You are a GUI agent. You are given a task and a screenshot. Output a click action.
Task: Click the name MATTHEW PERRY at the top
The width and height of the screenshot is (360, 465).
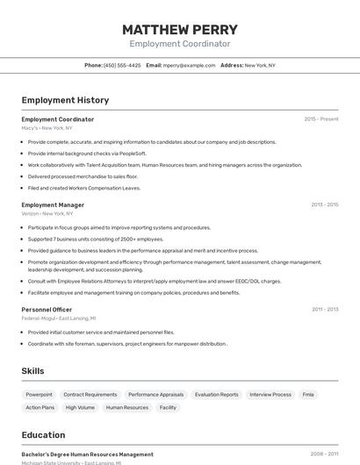pyautogui.click(x=180, y=29)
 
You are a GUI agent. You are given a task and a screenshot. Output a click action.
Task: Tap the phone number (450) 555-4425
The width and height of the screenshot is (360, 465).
pyautogui.click(x=122, y=65)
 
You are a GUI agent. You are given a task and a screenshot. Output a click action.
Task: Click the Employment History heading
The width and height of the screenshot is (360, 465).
pyautogui.click(x=65, y=100)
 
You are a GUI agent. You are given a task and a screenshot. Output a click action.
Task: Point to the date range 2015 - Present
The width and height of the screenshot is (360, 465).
pyautogui.click(x=320, y=118)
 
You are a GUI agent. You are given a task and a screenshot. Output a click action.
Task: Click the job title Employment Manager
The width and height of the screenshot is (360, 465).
pyautogui.click(x=53, y=204)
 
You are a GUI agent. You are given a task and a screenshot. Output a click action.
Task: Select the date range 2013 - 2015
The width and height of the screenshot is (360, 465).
pyautogui.click(x=324, y=204)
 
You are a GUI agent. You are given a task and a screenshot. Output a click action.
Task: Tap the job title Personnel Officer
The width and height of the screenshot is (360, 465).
pyautogui.click(x=47, y=309)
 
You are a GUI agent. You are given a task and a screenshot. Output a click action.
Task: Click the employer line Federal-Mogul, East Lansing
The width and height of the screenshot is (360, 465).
pyautogui.click(x=59, y=318)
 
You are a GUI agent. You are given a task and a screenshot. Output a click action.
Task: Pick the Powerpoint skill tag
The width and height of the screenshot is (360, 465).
pyautogui.click(x=39, y=395)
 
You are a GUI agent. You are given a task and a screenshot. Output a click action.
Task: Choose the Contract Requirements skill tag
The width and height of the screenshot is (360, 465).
pyautogui.click(x=90, y=395)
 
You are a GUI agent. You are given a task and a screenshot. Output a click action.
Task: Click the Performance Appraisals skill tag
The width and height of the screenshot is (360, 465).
pyautogui.click(x=156, y=395)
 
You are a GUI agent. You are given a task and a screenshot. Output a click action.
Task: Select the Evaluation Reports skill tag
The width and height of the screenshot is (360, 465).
pyautogui.click(x=216, y=395)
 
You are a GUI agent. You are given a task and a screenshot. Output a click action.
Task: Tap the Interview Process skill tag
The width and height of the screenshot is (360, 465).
pyautogui.click(x=270, y=395)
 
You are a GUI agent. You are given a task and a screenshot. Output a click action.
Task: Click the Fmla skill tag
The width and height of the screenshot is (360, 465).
pyautogui.click(x=308, y=395)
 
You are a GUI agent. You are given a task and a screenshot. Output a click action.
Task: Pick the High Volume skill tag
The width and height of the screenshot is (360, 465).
pyautogui.click(x=80, y=407)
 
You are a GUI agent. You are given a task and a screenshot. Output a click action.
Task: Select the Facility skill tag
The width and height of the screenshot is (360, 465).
pyautogui.click(x=168, y=407)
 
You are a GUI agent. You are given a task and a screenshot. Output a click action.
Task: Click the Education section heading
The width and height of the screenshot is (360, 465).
pyautogui.click(x=43, y=435)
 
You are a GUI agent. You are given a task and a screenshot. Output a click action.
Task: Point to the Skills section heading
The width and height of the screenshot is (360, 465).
pyautogui.click(x=32, y=371)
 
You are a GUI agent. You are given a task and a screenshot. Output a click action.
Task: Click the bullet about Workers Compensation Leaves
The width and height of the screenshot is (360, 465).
pyautogui.click(x=83, y=188)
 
